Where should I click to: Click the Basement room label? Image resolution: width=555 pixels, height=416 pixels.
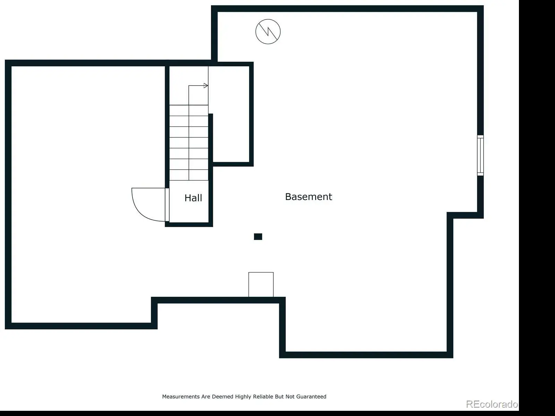pos(308,197)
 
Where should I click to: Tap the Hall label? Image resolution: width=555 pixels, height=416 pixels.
pos(193,198)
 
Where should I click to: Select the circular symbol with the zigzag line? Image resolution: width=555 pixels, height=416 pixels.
pos(268,32)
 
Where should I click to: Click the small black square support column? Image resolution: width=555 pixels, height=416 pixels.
pos(258,237)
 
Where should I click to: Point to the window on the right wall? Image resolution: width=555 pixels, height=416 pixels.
pos(480,155)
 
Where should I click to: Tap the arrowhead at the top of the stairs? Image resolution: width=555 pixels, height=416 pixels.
pos(206,86)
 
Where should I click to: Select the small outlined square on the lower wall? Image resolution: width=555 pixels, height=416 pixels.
pos(261,284)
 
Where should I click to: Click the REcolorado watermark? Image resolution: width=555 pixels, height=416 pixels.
pos(492,404)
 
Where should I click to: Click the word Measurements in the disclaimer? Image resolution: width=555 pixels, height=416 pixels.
pos(181,397)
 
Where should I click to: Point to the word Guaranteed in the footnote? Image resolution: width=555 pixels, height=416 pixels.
pos(311,397)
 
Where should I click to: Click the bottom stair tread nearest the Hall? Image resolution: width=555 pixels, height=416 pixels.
pos(189,175)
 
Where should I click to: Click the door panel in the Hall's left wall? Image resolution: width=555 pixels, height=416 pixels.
pos(167,205)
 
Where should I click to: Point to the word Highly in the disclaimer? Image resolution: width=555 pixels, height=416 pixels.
pos(243,397)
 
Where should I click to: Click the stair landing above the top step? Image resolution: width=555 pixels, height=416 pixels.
pos(189,86)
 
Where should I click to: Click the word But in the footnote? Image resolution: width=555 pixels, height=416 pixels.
pos(279,397)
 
